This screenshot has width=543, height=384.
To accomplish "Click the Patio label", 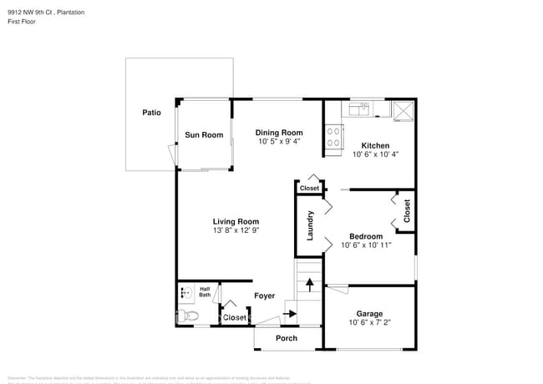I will click(151, 112).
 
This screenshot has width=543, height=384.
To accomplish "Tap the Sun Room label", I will click(204, 134).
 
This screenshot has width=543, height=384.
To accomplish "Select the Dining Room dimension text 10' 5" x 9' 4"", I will click(279, 142).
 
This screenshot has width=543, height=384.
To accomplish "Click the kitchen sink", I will click(361, 109).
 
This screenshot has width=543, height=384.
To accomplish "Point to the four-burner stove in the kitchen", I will click(333, 136).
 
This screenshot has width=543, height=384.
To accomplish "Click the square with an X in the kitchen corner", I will click(403, 109).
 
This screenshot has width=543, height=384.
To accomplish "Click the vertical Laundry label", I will click(309, 226).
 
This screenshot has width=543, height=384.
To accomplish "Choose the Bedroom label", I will click(366, 236).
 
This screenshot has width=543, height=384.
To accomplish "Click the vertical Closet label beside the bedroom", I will click(407, 210).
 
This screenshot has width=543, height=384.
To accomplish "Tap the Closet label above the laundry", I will click(308, 189).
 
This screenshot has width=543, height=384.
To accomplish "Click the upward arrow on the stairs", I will click(308, 284).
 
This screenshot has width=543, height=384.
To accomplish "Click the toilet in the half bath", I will click(188, 316).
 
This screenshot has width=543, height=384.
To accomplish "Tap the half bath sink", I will click(185, 293).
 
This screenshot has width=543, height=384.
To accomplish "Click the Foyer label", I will click(265, 296).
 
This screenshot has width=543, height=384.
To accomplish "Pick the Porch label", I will click(287, 338).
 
